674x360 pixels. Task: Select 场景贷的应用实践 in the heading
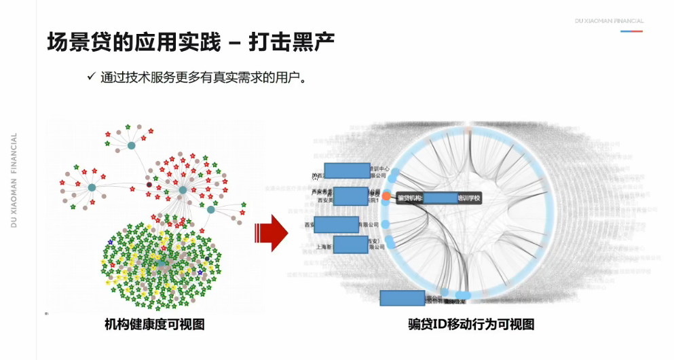click(134, 42)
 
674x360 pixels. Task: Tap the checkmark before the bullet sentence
click(90, 76)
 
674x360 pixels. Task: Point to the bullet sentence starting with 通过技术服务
click(204, 77)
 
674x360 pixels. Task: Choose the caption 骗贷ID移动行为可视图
click(468, 325)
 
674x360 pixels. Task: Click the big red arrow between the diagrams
click(272, 232)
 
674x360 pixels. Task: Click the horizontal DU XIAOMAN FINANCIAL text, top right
click(609, 21)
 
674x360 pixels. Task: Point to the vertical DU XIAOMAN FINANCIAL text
click(14, 179)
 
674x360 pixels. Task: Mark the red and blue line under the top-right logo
click(631, 31)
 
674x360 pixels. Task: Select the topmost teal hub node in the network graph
click(131, 145)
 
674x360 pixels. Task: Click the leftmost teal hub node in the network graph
click(92, 187)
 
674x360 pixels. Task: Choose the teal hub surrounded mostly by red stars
click(183, 190)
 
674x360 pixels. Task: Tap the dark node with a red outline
click(149, 184)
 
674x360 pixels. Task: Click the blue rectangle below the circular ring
click(402, 298)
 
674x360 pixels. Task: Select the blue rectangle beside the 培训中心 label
click(347, 170)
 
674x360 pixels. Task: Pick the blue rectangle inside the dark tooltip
click(440, 198)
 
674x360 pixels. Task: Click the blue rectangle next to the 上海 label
click(350, 245)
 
